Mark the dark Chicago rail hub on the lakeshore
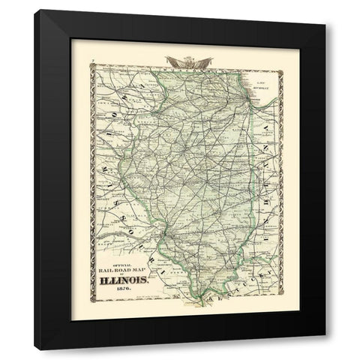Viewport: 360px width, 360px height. pyautogui.click(x=248, y=106)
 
